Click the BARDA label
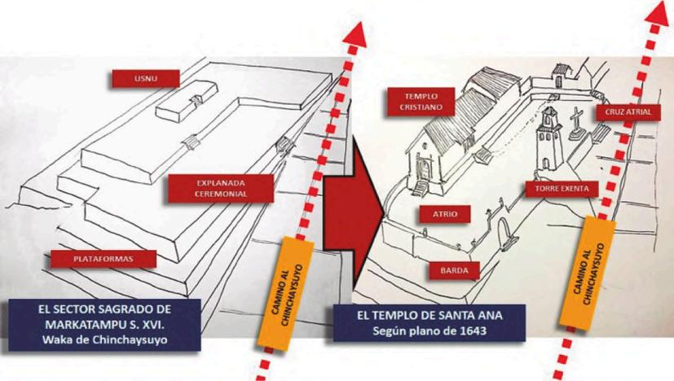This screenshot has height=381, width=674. [x=453, y=266]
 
